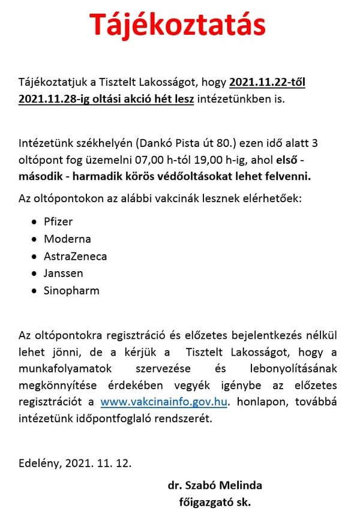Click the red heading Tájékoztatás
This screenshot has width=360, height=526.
tap(178, 26)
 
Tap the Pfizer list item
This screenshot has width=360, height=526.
tap(58, 221)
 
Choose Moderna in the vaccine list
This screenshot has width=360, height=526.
tap(67, 239)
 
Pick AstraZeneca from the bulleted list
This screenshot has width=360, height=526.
tap(76, 256)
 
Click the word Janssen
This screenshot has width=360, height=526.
tap(64, 273)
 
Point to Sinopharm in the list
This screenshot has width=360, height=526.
tap(71, 291)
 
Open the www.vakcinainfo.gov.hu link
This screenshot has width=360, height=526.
tap(163, 402)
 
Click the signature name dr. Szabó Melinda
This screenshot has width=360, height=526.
tap(215, 485)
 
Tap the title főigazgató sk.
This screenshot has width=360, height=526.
tap(215, 503)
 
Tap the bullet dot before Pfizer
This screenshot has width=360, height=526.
tap(34, 222)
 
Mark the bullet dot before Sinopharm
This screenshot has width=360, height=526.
tap(34, 291)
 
